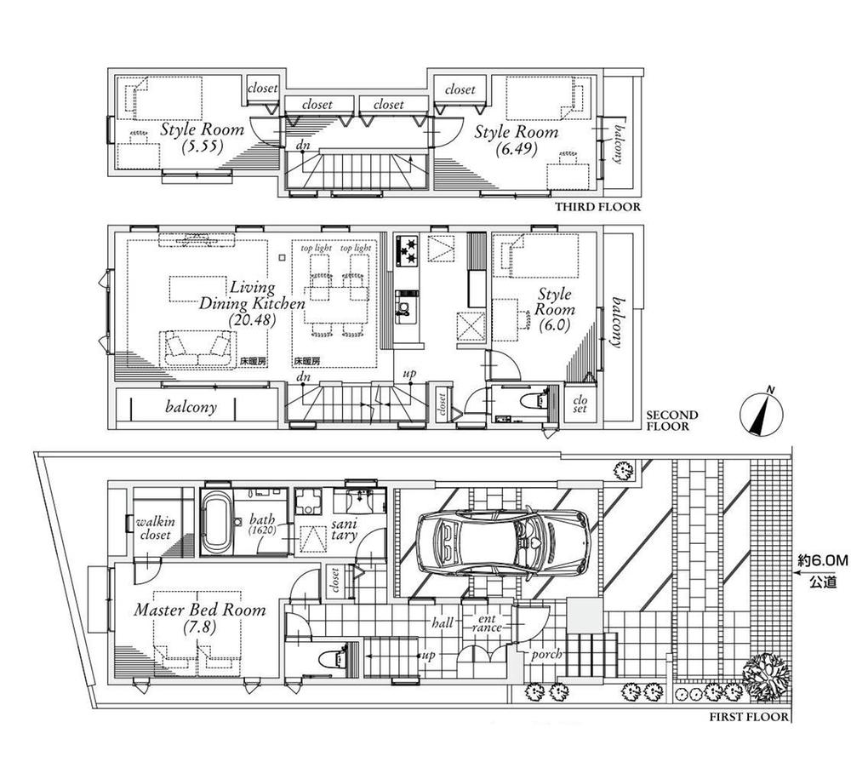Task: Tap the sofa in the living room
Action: [198, 348]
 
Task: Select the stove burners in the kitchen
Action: [406, 247]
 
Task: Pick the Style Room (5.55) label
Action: [203, 138]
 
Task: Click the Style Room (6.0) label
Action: [554, 309]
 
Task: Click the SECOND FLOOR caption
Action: [672, 421]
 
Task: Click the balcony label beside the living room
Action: [191, 407]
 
